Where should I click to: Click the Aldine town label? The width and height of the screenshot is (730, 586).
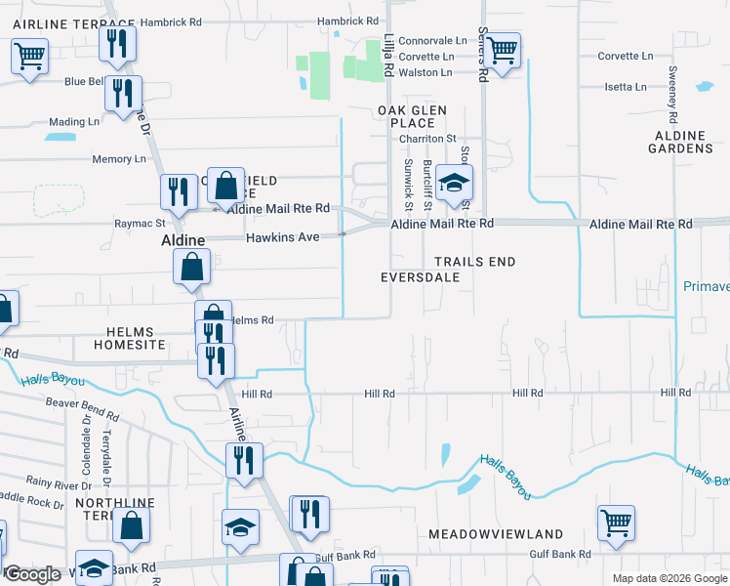(x=182, y=239)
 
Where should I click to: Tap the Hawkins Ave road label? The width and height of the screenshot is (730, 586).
(x=283, y=237)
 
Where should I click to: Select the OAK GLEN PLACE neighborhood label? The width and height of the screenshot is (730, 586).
(x=406, y=116)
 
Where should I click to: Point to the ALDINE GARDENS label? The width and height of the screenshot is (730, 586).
(x=681, y=141)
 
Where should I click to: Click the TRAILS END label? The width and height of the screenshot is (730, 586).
(x=474, y=262)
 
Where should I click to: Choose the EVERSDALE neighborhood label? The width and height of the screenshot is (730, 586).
(x=419, y=277)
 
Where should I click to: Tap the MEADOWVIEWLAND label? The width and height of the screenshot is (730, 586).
(x=496, y=534)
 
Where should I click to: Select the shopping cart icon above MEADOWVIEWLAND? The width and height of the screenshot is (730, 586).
(x=616, y=523)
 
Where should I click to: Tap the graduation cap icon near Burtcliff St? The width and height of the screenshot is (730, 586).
(x=453, y=182)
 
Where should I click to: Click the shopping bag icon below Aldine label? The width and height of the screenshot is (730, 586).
(x=191, y=266)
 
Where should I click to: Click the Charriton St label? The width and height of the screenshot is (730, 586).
(x=426, y=139)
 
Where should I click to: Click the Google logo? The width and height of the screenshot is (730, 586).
(x=32, y=575)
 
